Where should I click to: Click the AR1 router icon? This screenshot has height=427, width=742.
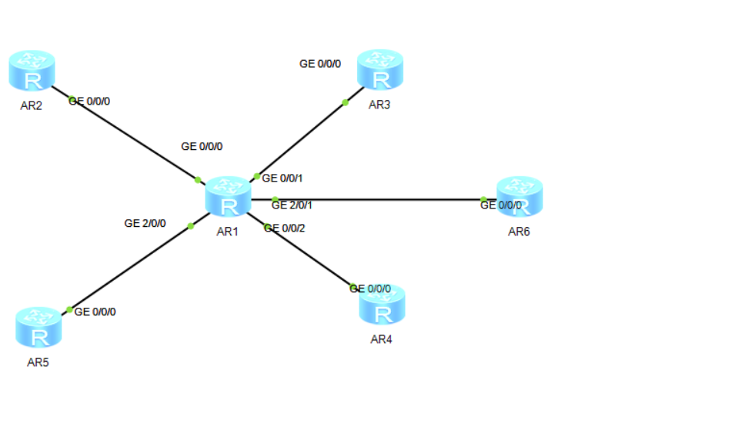(x=228, y=197)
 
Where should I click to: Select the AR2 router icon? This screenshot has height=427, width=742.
(x=32, y=71)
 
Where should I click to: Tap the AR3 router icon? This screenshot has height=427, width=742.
(x=380, y=69)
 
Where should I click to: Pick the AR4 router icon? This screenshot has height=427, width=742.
(x=382, y=305)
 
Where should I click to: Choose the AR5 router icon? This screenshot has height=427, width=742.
(x=38, y=328)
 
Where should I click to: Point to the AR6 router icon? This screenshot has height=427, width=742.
(x=520, y=197)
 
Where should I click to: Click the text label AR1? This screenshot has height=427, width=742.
(x=227, y=232)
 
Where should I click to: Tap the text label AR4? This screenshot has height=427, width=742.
(x=381, y=339)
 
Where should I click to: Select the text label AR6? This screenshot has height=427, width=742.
(x=519, y=232)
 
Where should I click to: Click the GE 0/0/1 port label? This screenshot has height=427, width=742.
(x=282, y=178)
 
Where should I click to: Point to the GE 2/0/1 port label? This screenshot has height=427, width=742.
(x=292, y=205)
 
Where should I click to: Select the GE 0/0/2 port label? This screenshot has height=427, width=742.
(x=284, y=229)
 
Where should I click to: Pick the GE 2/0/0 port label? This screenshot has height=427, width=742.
(x=145, y=223)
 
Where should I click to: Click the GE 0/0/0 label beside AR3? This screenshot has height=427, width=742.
(x=320, y=64)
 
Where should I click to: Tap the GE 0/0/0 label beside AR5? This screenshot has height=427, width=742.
(x=95, y=312)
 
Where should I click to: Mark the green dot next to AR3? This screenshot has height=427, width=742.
(x=346, y=102)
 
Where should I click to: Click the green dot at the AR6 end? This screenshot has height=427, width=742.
(x=483, y=199)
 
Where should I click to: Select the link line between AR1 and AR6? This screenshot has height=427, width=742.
(x=374, y=199)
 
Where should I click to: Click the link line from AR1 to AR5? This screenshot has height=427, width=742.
(x=135, y=264)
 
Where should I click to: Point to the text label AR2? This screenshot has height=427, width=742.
(x=32, y=106)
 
